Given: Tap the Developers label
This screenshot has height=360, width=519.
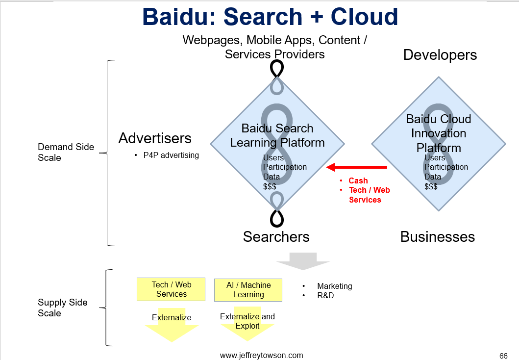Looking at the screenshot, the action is [x=440, y=55].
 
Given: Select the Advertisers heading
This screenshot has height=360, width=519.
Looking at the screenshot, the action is [x=155, y=138].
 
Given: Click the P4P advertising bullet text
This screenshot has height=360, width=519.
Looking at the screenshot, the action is [x=171, y=155].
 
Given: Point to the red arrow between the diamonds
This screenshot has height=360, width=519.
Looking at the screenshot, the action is [x=356, y=167].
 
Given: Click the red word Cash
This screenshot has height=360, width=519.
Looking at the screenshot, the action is [x=358, y=181].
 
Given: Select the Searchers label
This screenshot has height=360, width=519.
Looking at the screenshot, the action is [x=276, y=237].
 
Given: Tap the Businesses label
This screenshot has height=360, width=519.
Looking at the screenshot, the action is [x=438, y=237].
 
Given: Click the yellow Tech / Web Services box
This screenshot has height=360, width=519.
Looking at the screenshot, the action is [x=171, y=289].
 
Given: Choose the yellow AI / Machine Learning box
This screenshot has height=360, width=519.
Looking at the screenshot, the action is [x=248, y=290].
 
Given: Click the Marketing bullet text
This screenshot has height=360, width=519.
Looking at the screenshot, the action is [x=335, y=286].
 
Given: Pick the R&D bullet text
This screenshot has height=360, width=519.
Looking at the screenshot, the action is [x=325, y=295].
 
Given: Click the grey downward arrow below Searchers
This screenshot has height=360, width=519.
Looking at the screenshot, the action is [x=303, y=261].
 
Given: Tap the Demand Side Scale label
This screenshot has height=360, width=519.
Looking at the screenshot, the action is [x=66, y=153].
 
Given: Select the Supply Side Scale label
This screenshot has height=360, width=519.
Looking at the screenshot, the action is [x=63, y=308].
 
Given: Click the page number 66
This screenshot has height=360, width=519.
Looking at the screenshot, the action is [x=503, y=356].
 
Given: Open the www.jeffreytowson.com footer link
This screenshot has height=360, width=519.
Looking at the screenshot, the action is [x=262, y=356].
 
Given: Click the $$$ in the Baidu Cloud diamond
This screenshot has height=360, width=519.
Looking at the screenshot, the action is [x=431, y=186].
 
